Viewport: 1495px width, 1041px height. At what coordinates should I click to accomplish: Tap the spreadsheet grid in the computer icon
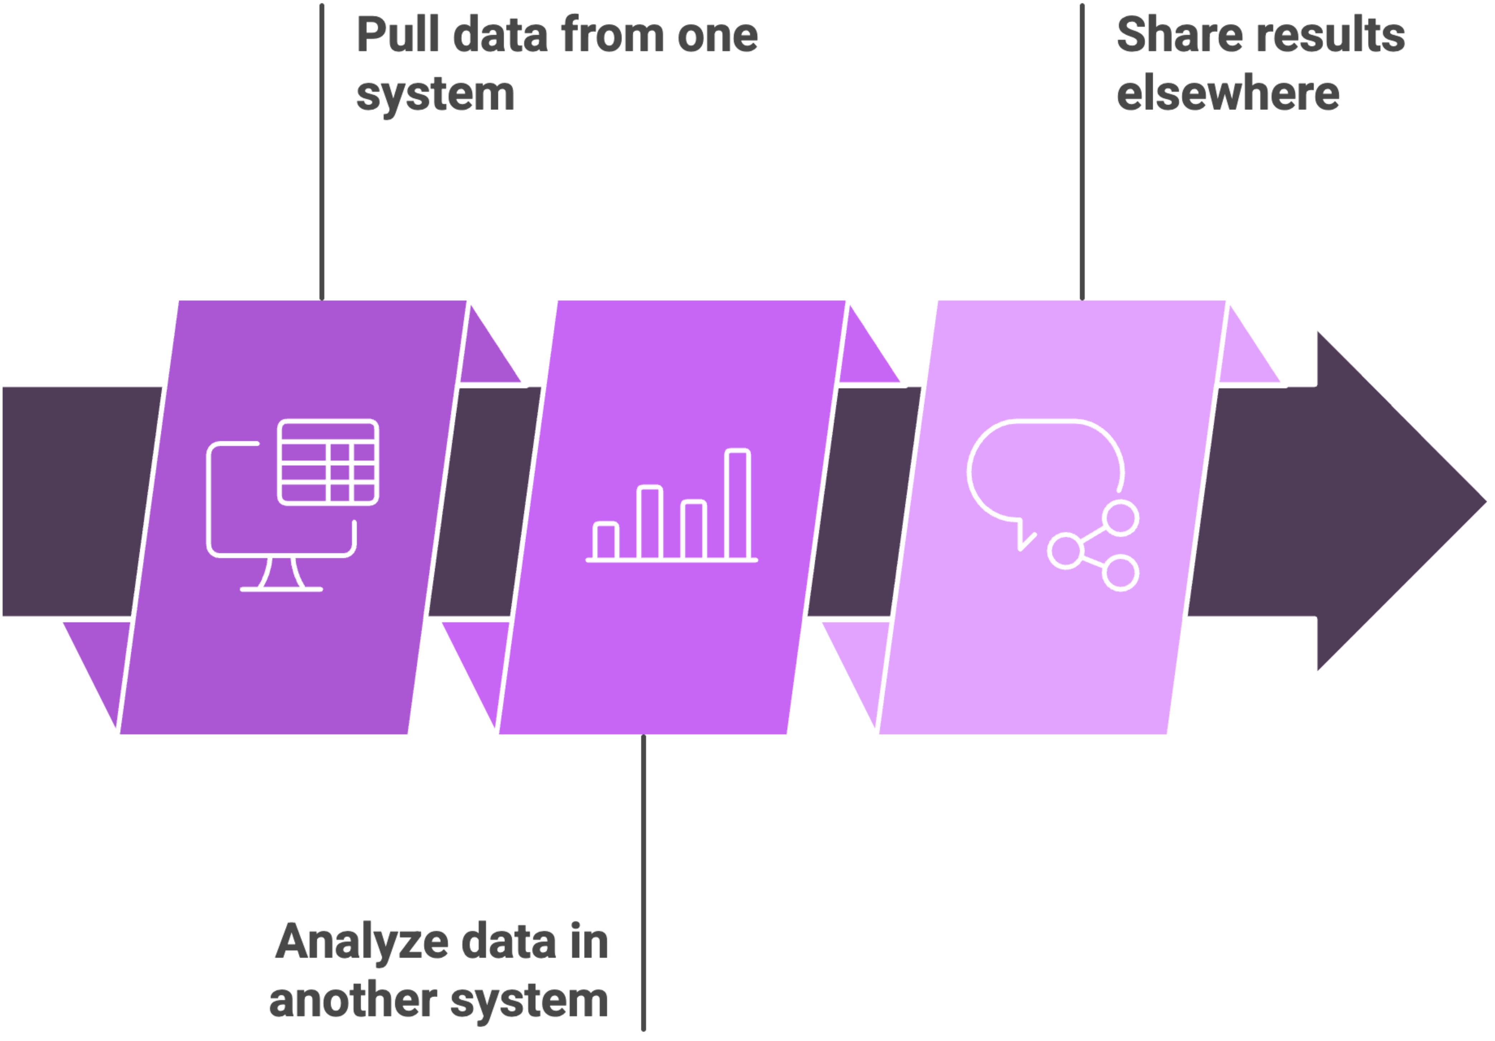click(x=328, y=462)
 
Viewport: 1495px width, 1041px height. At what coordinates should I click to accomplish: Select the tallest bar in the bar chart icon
click(x=738, y=504)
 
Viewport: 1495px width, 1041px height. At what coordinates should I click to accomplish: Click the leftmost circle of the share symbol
click(x=1065, y=551)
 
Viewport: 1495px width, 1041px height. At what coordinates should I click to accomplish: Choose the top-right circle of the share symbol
click(x=1121, y=518)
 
